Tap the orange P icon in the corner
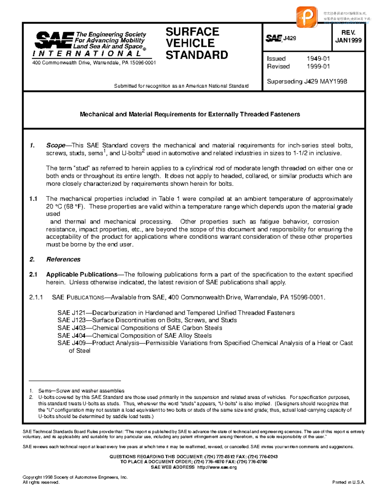click(x=306, y=16)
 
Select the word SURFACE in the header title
click(x=192, y=32)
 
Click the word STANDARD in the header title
click(x=197, y=55)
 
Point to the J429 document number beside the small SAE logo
click(x=290, y=38)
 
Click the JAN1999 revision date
click(x=348, y=40)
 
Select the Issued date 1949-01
click(x=318, y=59)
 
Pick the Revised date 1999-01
click(x=318, y=66)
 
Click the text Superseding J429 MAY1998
click(x=307, y=81)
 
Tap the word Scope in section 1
click(x=55, y=145)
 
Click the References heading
click(x=63, y=259)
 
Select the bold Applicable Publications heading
click(x=81, y=274)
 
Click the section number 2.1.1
click(x=36, y=297)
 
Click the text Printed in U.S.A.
click(x=349, y=482)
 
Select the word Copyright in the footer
click(x=32, y=477)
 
